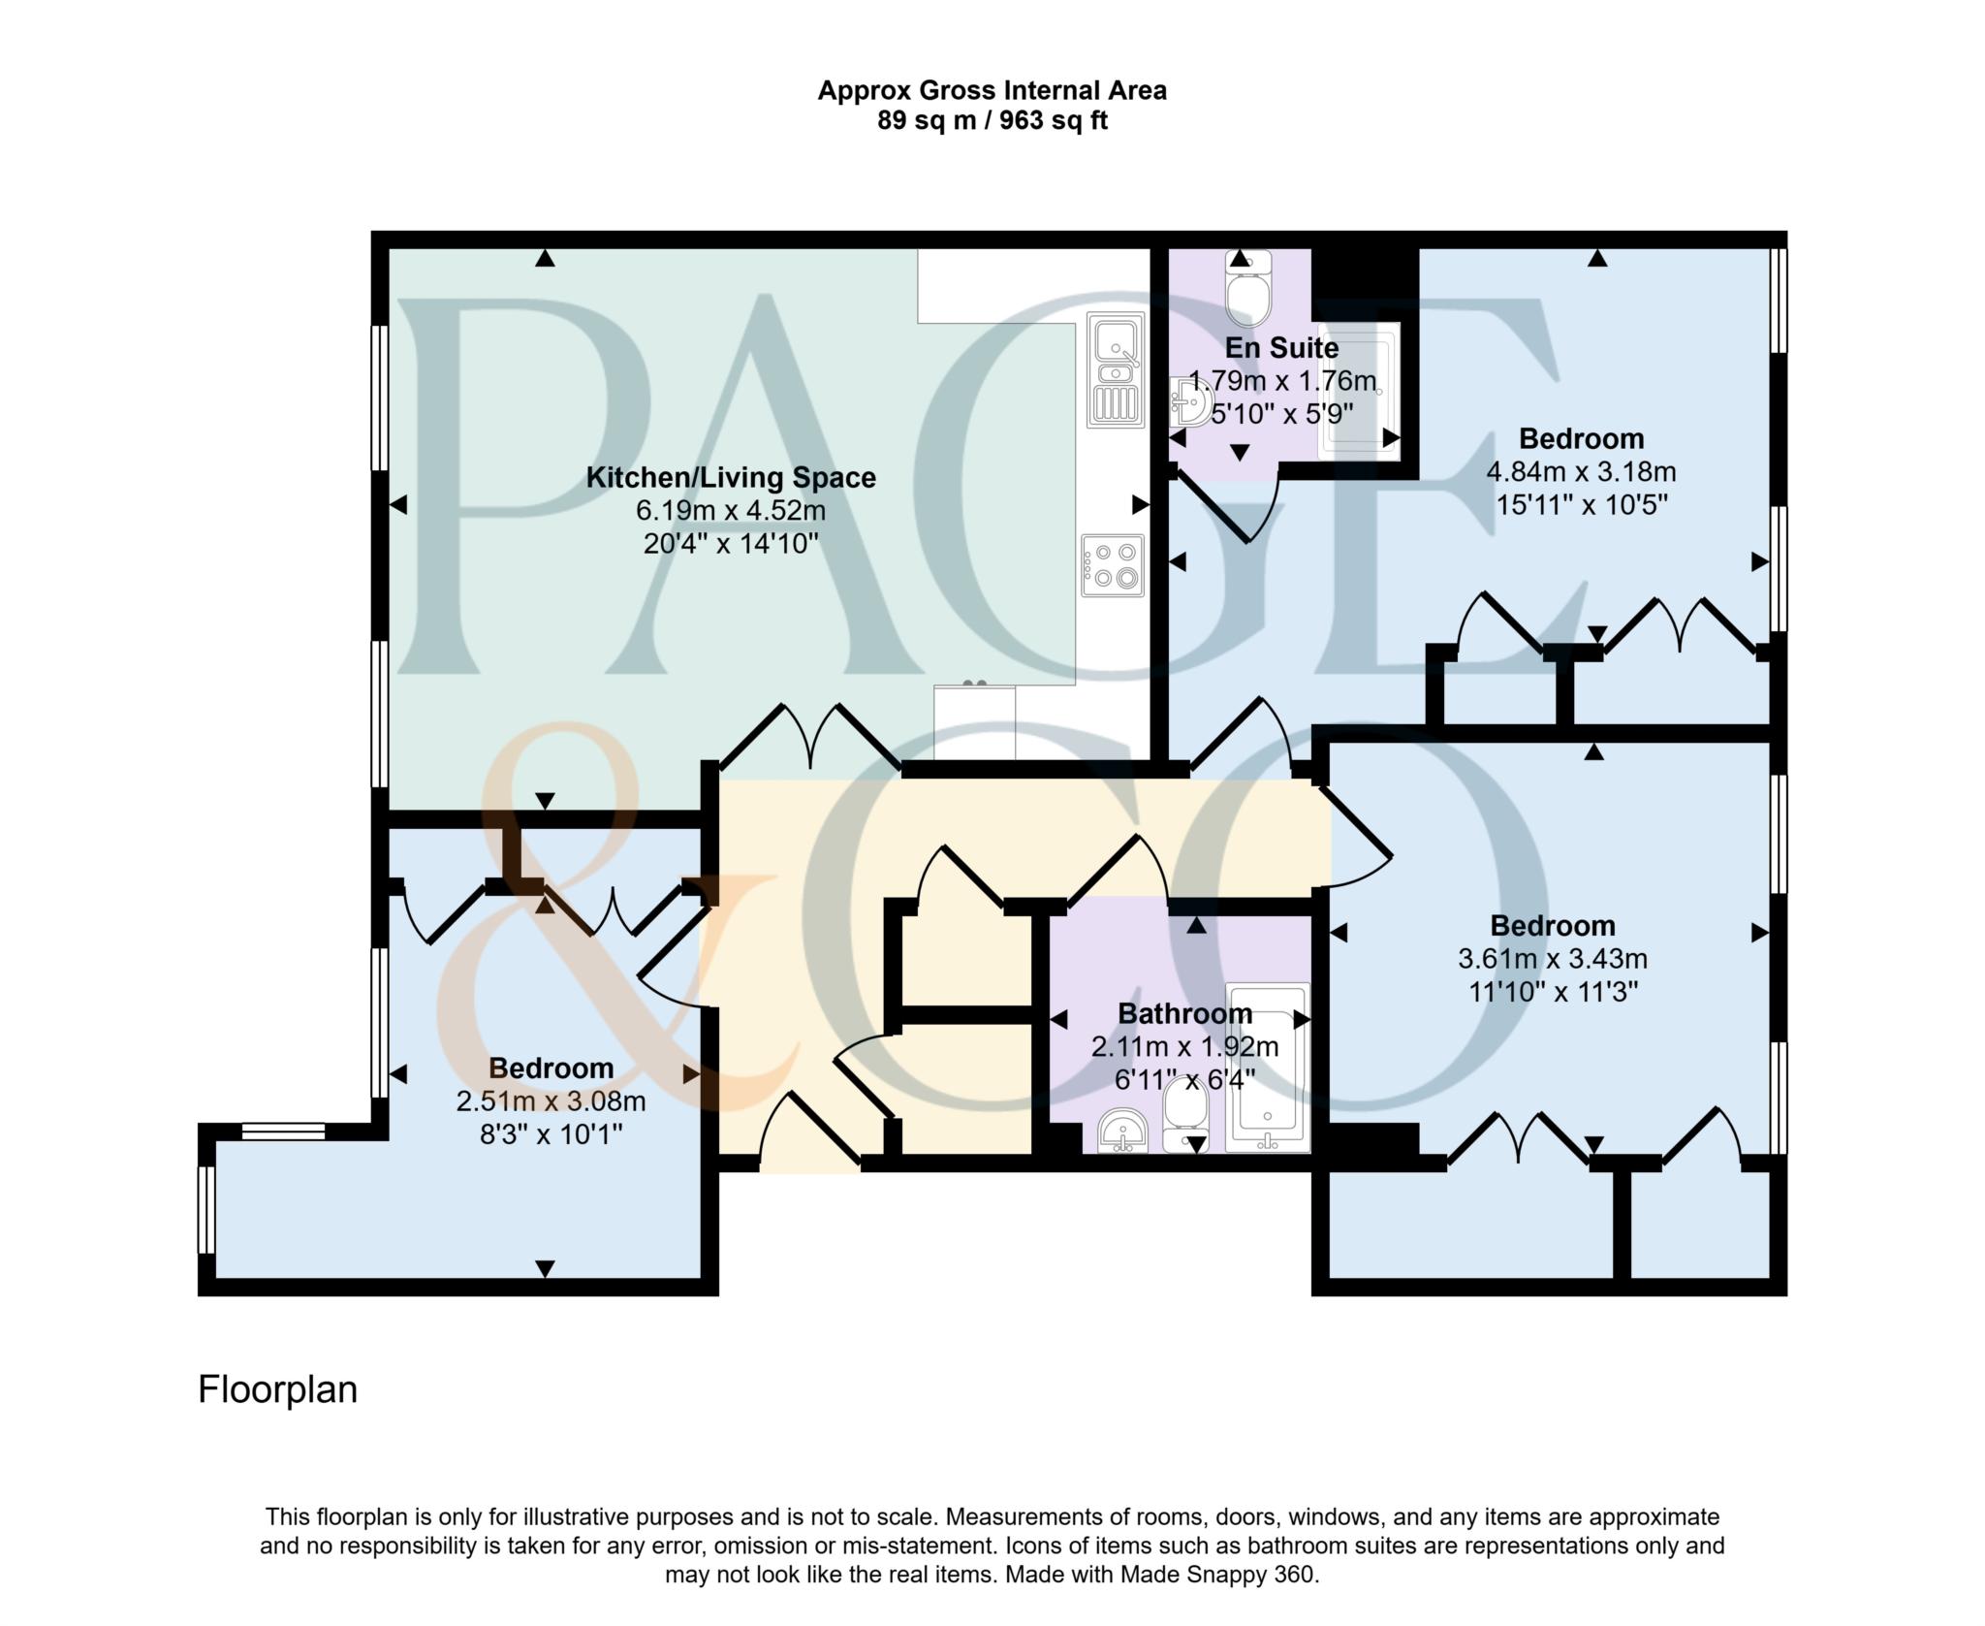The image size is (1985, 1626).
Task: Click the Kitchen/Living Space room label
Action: coord(731,477)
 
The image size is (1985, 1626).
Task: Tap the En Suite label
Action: coord(1281,347)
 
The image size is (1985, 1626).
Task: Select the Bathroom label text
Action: coord(1184,1013)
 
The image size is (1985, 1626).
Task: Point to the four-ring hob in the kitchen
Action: coord(1113,565)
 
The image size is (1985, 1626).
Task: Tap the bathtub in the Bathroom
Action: coord(1267,1068)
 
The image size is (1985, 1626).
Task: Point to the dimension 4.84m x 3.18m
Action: coord(1581,472)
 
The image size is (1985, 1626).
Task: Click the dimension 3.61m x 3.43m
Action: coord(1553,959)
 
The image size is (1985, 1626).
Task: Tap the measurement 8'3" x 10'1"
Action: coord(551,1133)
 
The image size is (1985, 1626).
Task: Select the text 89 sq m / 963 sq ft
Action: coord(992,121)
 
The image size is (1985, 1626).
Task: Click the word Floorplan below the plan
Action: coord(277,1389)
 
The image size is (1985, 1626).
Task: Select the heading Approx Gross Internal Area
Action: coord(992,90)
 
